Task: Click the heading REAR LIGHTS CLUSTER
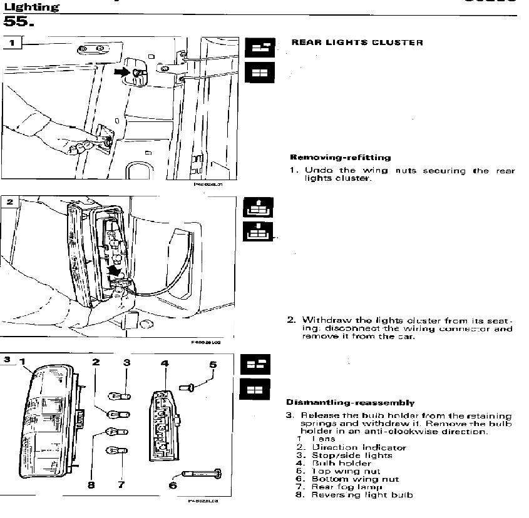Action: [357, 43]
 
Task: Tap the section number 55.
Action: [19, 23]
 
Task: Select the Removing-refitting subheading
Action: [340, 157]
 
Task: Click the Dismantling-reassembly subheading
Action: [350, 402]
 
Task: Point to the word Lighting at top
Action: [31, 7]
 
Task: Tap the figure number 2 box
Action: [9, 202]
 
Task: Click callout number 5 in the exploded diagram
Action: [213, 364]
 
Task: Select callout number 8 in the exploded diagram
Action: [91, 484]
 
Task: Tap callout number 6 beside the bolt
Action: [173, 484]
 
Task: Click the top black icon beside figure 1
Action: [257, 48]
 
